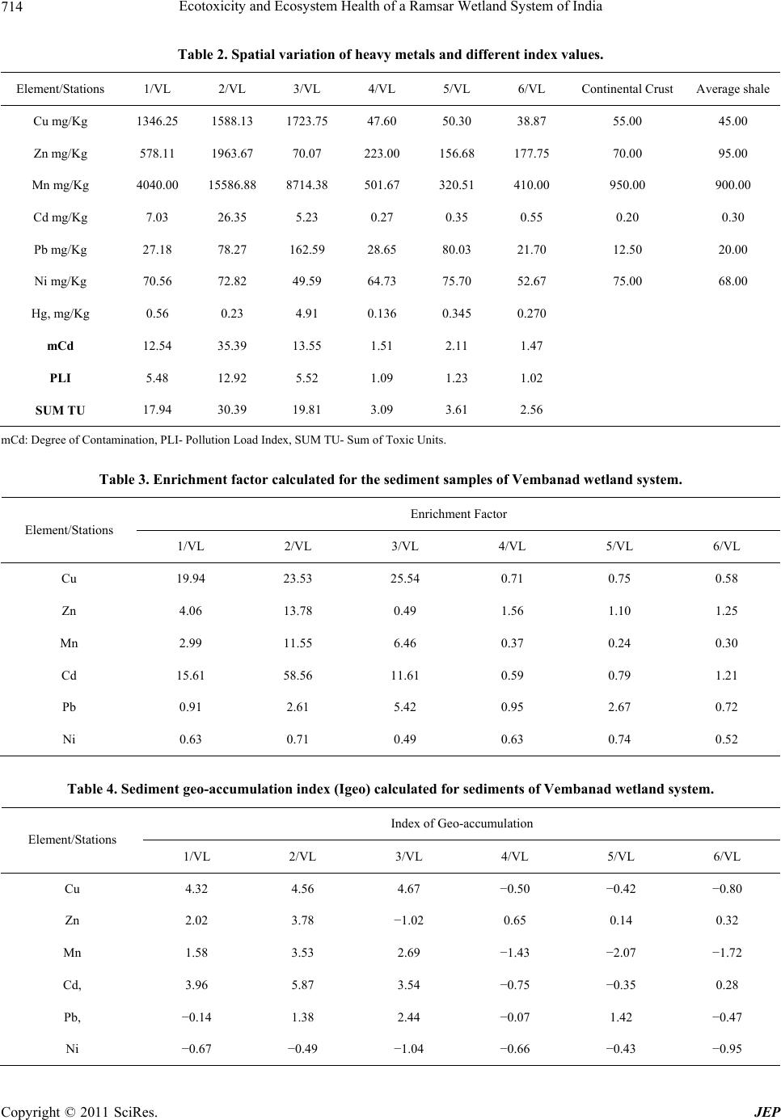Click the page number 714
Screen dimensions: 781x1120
[x=11, y=6]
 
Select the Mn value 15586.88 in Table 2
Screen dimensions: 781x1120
[x=232, y=185]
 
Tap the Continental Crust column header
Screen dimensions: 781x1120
[x=627, y=89]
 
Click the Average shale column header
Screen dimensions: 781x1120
[x=732, y=89]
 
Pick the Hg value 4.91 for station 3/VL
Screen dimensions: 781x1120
[x=306, y=314]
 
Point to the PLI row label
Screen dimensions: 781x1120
[x=60, y=378]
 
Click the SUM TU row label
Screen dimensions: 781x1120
[x=60, y=411]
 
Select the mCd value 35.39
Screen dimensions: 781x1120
[x=232, y=346]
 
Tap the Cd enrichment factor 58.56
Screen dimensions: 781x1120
[x=298, y=676]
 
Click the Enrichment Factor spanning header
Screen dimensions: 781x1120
[x=458, y=514]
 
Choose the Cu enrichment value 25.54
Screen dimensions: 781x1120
[x=405, y=579]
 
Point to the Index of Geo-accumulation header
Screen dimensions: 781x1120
[x=462, y=823]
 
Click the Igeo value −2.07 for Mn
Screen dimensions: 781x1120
[x=621, y=953]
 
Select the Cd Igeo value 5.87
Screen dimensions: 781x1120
[x=302, y=985]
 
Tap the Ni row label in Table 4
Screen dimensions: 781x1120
[x=72, y=1049]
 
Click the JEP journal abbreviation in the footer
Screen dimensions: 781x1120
[x=766, y=1111]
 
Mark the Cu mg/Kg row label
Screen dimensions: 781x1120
[x=60, y=121]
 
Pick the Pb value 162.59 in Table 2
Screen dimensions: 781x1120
[x=306, y=250]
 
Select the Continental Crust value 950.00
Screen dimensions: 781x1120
[x=627, y=185]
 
